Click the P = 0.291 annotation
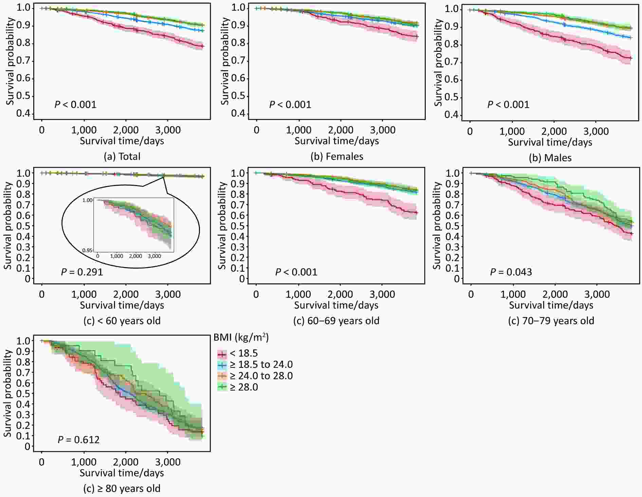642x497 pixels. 82,272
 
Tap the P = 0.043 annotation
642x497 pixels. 511,272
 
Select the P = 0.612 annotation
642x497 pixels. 78,440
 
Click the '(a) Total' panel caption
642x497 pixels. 122,156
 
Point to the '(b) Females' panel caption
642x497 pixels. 336,156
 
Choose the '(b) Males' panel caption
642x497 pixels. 550,158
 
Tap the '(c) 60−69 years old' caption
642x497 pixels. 336,321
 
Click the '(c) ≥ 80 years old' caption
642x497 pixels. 122,489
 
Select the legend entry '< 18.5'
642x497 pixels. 243,353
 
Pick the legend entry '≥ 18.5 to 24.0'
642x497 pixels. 261,364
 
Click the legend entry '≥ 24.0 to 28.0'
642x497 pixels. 261,376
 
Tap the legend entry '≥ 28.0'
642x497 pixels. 243,387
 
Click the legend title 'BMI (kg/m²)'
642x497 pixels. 241,337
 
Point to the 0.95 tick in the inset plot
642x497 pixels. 88,250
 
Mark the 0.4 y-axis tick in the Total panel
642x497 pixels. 23,113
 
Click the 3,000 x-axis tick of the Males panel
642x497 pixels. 596,132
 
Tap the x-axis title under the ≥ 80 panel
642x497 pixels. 122,473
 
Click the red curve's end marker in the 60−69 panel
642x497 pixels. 416,213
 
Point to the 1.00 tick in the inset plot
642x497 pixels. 87,200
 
